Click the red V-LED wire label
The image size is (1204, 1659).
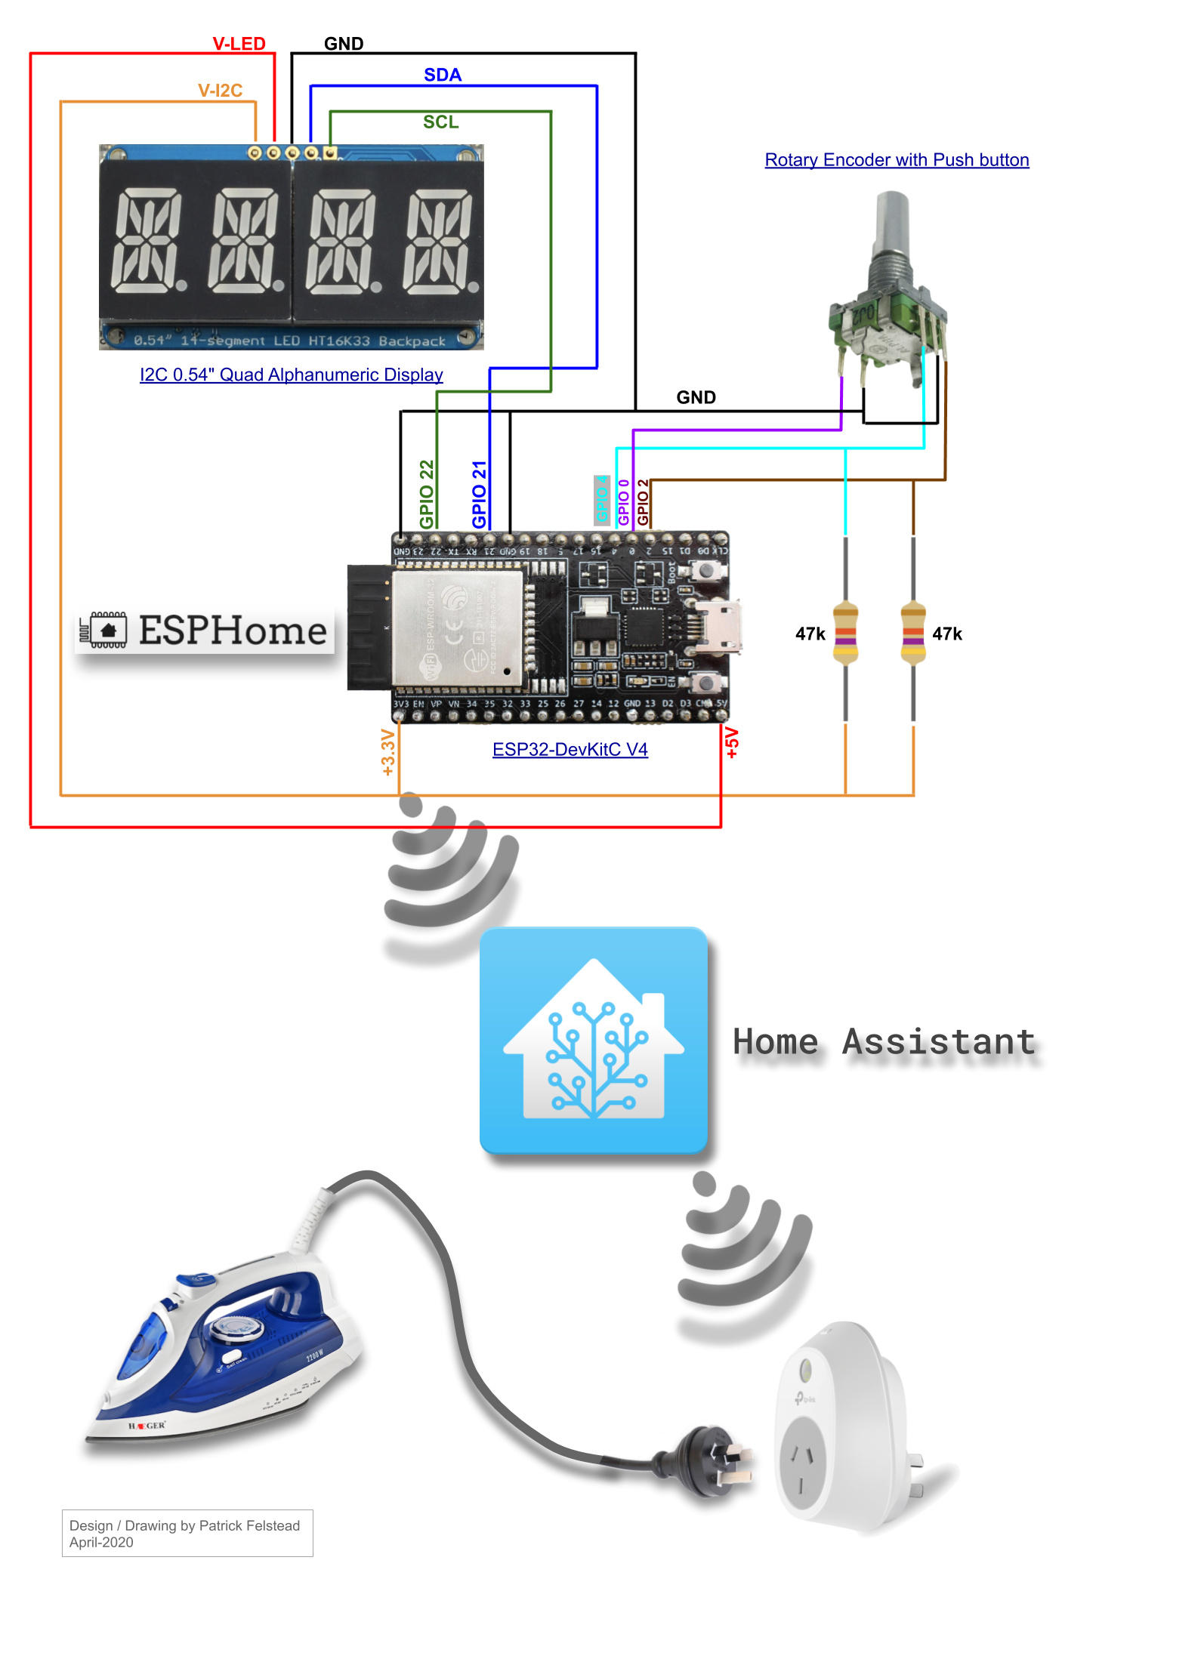(239, 44)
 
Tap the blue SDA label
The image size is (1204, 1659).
(442, 75)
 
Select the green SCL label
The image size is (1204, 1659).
(440, 122)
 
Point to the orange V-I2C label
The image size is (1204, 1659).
(220, 91)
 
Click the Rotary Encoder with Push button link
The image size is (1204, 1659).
(897, 160)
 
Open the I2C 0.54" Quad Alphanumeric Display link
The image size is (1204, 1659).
(291, 375)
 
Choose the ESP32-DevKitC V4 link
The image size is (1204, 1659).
(570, 749)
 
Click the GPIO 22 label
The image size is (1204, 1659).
(427, 495)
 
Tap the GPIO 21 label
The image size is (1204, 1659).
(479, 495)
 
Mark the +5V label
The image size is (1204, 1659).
(731, 743)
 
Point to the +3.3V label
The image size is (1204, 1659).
(388, 752)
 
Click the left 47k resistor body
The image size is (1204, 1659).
(845, 633)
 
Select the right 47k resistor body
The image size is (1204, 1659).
(913, 633)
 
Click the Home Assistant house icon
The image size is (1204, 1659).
(594, 1041)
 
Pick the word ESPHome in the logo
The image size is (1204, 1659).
(233, 631)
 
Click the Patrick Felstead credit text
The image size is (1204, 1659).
(184, 1525)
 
